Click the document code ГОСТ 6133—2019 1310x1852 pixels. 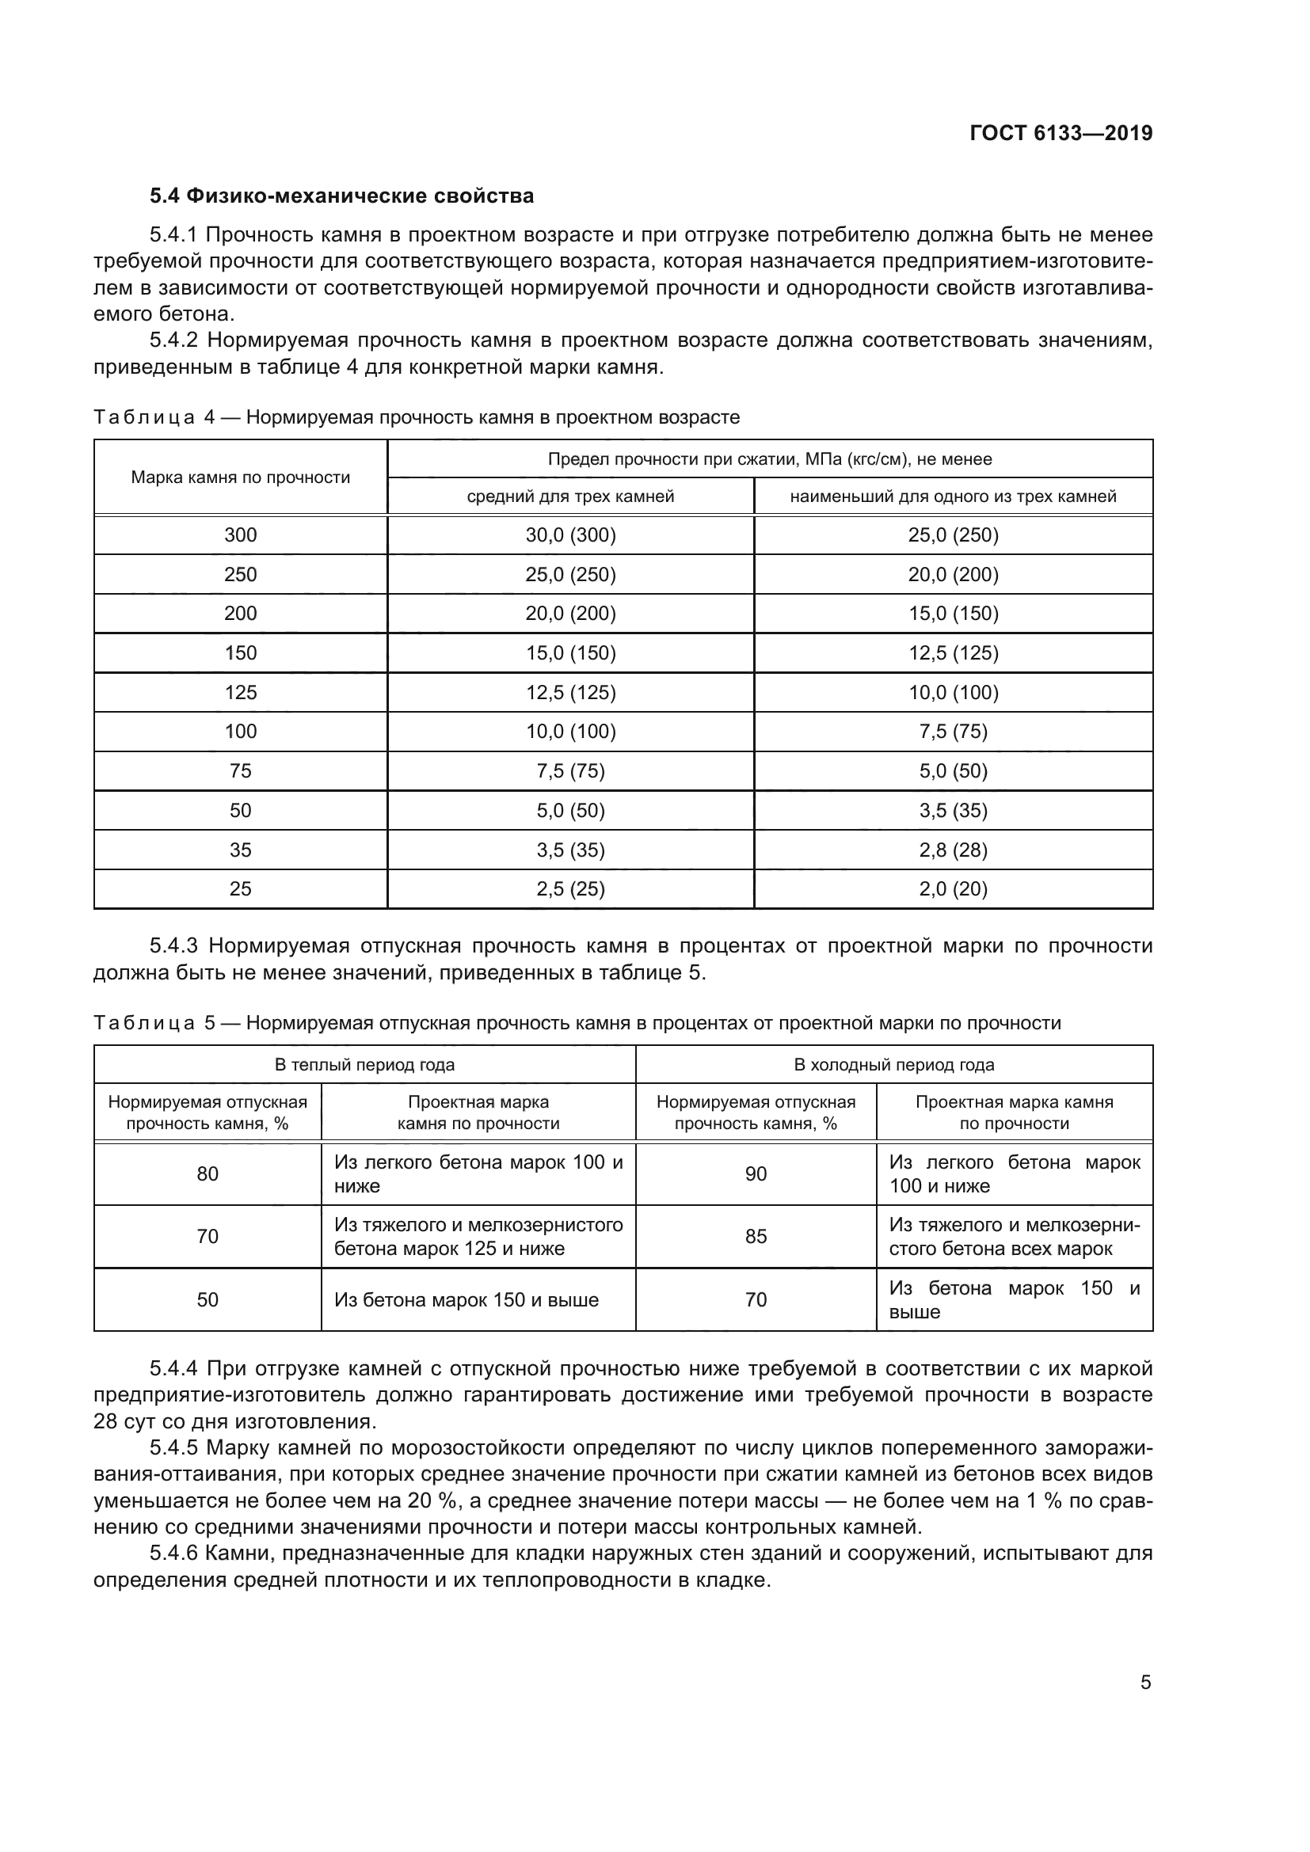tap(1061, 133)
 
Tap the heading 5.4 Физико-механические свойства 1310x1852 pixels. tap(341, 196)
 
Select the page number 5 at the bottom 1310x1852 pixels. tap(1145, 1682)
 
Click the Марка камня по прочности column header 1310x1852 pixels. tap(241, 477)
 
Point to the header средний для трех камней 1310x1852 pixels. tap(570, 497)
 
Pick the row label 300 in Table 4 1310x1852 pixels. tap(241, 535)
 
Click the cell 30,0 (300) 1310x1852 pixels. tap(570, 535)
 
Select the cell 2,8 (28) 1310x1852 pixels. tap(954, 850)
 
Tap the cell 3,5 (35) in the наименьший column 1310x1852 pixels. tap(954, 811)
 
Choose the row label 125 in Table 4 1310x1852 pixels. tap(241, 693)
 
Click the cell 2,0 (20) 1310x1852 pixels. tap(954, 889)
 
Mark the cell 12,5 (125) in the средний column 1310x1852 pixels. tap(570, 693)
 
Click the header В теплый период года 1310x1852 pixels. tap(364, 1065)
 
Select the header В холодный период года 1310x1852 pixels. tap(893, 1065)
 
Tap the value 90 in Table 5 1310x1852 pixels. tap(756, 1174)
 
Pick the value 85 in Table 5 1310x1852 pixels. tap(756, 1237)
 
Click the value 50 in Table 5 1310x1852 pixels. tap(208, 1299)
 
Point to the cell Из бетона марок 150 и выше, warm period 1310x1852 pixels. tap(466, 1300)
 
